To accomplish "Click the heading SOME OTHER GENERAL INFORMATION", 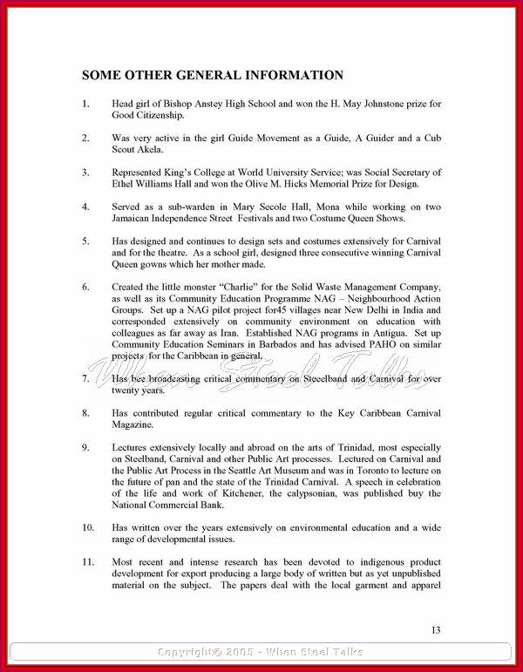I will point(213,76).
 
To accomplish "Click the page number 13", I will point(437,629).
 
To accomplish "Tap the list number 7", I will point(85,379).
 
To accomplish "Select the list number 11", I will point(88,561).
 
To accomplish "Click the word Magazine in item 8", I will point(136,424).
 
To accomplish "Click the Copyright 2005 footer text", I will point(261,651).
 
